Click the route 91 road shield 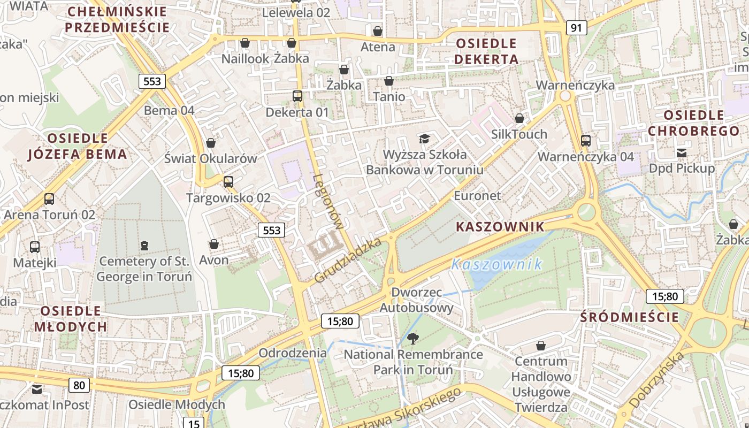click(x=576, y=28)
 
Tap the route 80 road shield click(x=79, y=385)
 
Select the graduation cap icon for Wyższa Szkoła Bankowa click(x=424, y=139)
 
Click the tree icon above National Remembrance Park click(x=412, y=338)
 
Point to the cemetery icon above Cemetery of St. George click(x=143, y=246)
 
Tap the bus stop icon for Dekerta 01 click(x=297, y=96)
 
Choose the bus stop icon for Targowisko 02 click(x=228, y=182)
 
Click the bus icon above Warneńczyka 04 click(x=586, y=141)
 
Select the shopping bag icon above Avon click(x=214, y=244)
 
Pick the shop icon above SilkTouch click(x=519, y=118)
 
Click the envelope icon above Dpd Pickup click(x=682, y=152)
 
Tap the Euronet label click(x=477, y=196)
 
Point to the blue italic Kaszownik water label click(x=496, y=264)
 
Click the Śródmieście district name click(x=630, y=317)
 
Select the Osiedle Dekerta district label click(x=486, y=51)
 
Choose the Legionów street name click(x=328, y=202)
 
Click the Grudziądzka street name click(x=348, y=261)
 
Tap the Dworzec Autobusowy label click(x=417, y=300)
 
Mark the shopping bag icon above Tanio click(x=389, y=81)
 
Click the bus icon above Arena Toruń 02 click(x=49, y=199)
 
